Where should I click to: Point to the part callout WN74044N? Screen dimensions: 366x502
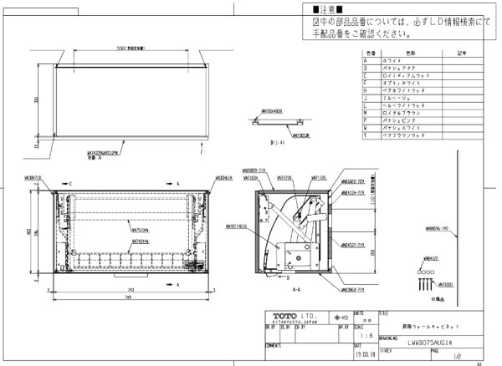(x=141, y=241)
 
